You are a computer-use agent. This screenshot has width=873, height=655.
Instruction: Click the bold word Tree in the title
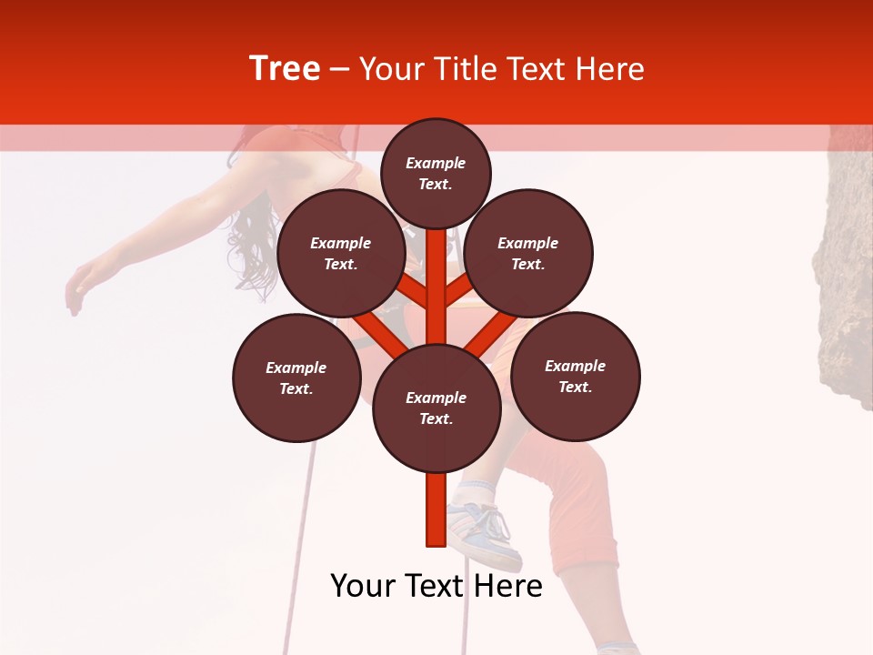(285, 69)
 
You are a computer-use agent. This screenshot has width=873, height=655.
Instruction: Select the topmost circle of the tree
(436, 173)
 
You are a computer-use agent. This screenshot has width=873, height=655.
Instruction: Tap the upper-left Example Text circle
(340, 253)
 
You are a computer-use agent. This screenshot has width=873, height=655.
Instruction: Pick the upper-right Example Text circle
(527, 253)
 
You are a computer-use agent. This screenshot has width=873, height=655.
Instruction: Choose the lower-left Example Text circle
(296, 378)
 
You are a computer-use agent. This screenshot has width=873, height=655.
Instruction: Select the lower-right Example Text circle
(575, 376)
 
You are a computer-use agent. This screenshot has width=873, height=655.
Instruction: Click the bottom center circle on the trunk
(436, 408)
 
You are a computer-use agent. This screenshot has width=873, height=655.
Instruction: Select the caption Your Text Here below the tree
(436, 586)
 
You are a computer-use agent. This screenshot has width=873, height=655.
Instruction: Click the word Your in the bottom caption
(364, 586)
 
